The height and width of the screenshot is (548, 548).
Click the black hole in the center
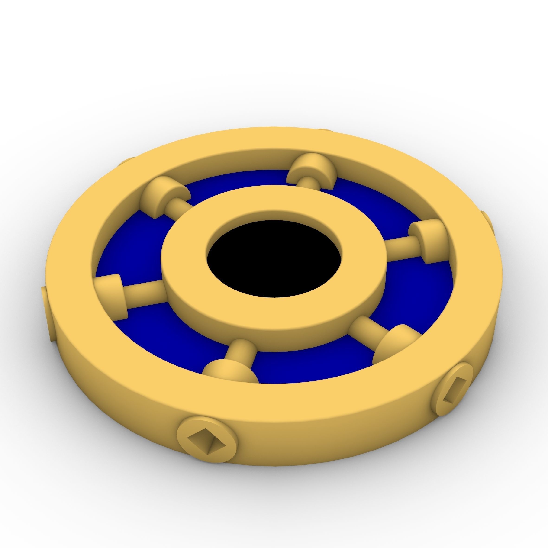pyautogui.click(x=274, y=259)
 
